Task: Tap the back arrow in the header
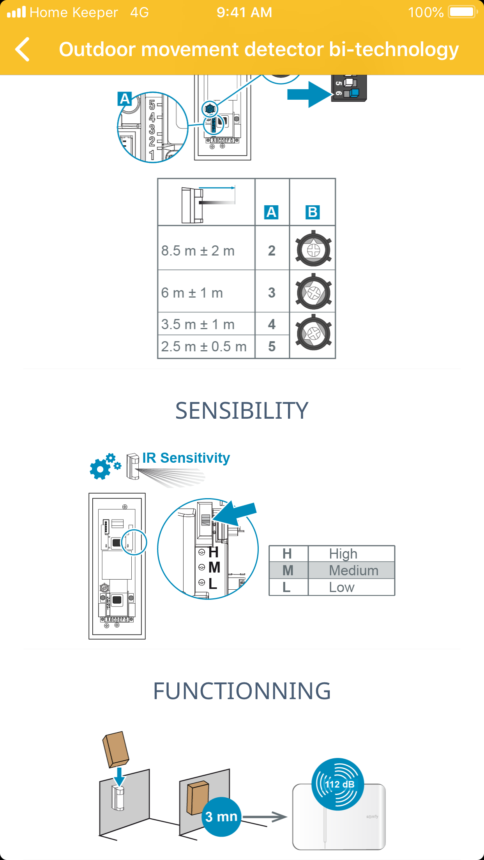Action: click(x=23, y=49)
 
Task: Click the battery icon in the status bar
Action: click(x=463, y=12)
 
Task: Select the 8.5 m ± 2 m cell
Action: click(x=198, y=251)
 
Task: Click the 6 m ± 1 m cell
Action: click(x=192, y=293)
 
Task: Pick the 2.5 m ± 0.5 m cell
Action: click(x=203, y=347)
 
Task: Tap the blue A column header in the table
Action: click(x=271, y=212)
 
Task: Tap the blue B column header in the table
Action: click(x=313, y=212)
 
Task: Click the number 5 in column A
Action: click(x=272, y=347)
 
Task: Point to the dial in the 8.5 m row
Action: click(x=313, y=249)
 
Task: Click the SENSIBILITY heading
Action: click(x=242, y=411)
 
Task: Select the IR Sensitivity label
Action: click(x=186, y=458)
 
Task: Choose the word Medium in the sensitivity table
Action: click(x=353, y=571)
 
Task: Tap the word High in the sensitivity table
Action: click(x=343, y=554)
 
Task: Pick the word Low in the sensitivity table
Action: click(x=342, y=587)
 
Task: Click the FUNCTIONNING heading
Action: click(x=242, y=691)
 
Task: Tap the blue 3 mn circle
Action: click(x=221, y=817)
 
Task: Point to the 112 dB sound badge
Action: click(x=337, y=784)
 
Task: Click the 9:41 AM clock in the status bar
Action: click(x=244, y=12)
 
